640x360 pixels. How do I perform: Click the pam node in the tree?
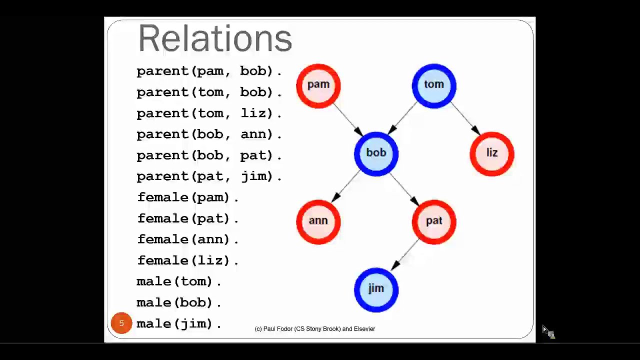(318, 85)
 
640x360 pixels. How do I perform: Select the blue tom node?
(434, 85)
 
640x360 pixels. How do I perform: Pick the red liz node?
(492, 153)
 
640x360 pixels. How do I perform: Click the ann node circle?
(318, 221)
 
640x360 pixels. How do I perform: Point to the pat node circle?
(434, 221)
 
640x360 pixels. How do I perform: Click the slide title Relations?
(215, 38)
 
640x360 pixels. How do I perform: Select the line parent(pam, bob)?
(209, 71)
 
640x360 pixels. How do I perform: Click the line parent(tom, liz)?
(209, 113)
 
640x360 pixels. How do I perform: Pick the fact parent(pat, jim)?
(209, 176)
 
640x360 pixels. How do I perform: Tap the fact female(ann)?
(187, 239)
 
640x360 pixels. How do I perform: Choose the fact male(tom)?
(178, 281)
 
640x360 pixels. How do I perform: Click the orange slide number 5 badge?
(121, 323)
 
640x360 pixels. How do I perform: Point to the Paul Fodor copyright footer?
(314, 329)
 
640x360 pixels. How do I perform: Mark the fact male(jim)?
(178, 324)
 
